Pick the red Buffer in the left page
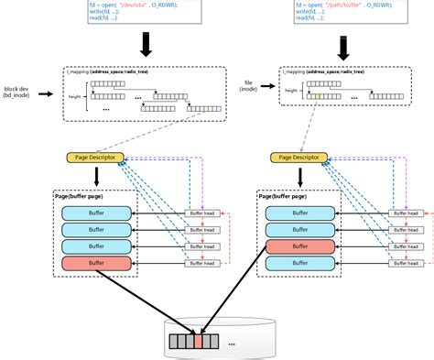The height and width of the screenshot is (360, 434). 95,263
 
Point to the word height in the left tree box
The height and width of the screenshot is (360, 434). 76,95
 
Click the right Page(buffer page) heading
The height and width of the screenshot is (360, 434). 285,196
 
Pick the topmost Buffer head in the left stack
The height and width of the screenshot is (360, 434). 202,213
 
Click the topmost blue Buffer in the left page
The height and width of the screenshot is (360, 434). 95,213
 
